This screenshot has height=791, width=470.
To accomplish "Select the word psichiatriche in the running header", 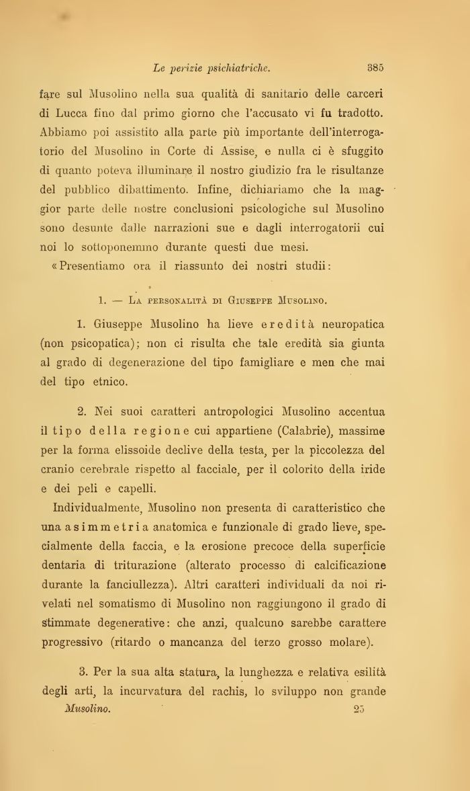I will point(234,67).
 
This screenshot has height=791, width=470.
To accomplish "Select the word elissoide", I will point(134,450).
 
